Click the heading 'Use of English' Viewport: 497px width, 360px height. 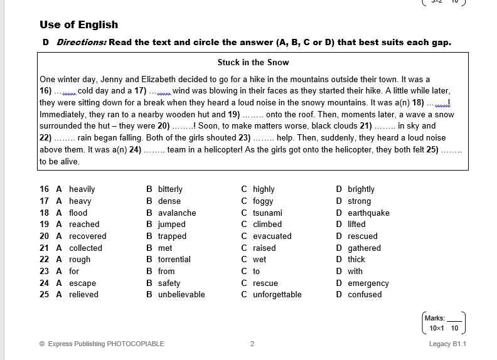pos(78,25)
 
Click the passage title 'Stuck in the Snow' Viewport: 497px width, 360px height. pos(253,63)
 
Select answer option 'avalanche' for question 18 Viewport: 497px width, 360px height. pos(177,213)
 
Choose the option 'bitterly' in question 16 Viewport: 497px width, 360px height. pos(170,189)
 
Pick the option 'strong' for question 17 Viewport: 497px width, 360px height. pos(359,201)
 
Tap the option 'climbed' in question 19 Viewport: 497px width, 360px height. pos(267,224)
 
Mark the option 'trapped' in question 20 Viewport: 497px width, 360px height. pos(172,236)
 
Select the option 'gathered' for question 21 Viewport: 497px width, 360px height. pos(364,248)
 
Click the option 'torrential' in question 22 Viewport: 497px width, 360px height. pos(174,259)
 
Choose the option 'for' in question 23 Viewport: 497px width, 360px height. pos(74,271)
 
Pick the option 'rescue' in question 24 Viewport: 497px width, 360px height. pos(265,283)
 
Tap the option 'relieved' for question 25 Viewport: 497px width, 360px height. pos(83,294)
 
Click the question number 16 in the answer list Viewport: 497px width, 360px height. pos(44,189)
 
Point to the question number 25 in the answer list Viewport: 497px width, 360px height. pos(44,294)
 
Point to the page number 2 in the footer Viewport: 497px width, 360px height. pos(252,344)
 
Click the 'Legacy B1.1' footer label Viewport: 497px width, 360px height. pos(447,344)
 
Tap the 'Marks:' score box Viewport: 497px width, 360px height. pos(444,323)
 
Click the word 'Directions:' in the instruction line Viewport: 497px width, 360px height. pos(82,43)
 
